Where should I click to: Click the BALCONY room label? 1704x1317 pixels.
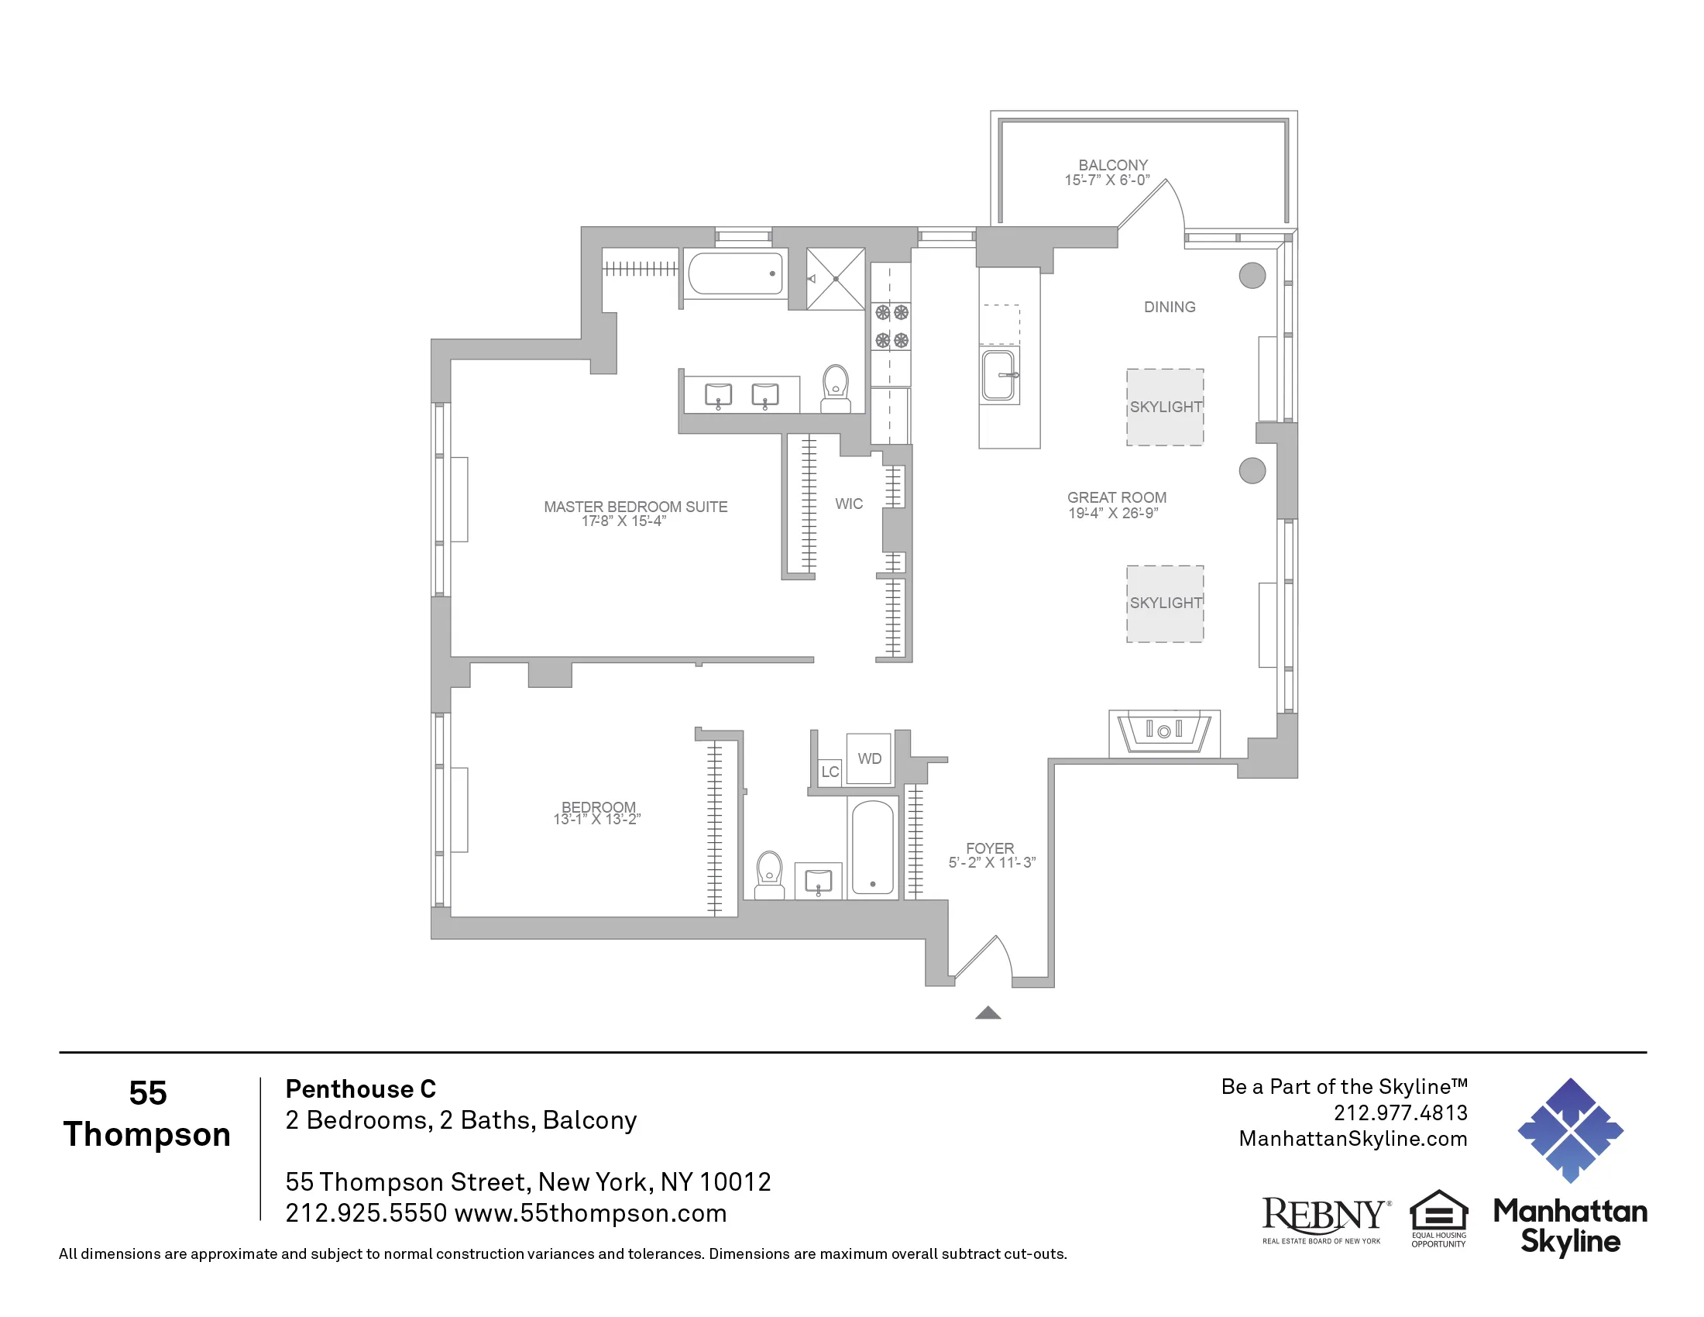[1112, 166]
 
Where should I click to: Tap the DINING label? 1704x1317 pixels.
[1169, 308]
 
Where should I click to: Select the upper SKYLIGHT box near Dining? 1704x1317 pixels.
[1164, 407]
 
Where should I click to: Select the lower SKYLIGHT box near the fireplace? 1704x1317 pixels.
[1164, 603]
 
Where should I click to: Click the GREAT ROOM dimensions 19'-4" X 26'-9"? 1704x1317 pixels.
[1112, 514]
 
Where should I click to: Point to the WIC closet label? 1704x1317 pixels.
[848, 504]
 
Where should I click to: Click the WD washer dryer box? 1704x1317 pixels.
[868, 758]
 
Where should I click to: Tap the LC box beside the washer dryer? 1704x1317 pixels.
[830, 772]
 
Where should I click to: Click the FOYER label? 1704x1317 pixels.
[989, 848]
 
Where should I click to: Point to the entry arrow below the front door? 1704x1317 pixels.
[988, 1013]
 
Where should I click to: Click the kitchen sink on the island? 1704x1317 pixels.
[999, 375]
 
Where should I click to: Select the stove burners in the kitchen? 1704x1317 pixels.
[891, 326]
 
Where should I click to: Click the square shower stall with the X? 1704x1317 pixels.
[835, 279]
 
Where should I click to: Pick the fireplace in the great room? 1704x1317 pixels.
[1163, 732]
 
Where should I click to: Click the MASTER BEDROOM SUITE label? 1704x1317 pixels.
[635, 507]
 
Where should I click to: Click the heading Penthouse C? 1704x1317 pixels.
[360, 1088]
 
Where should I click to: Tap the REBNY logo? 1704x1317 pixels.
[1324, 1218]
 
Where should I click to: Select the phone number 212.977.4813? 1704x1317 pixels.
[1400, 1112]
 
